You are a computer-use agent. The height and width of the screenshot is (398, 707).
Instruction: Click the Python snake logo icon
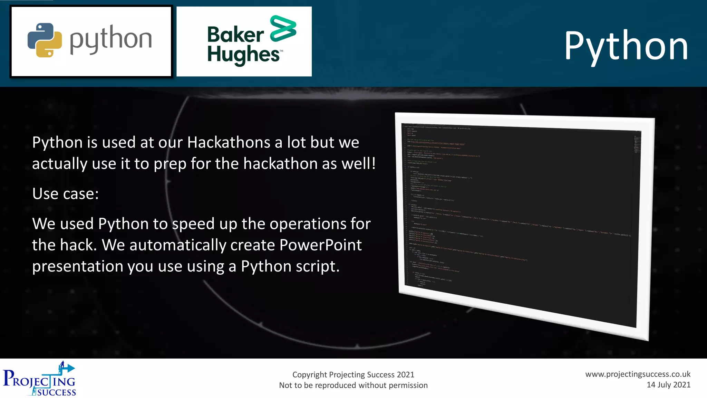45,40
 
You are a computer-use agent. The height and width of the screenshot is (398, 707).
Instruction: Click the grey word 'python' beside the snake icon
111,39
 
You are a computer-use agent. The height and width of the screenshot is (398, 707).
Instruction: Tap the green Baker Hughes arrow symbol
283,28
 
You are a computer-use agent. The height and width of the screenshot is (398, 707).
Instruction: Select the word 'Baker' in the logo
235,35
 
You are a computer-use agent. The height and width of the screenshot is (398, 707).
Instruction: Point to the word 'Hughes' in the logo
243,55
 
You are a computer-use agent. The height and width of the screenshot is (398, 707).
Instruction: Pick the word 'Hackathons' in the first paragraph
229,142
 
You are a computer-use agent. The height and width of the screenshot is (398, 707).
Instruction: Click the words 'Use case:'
66,194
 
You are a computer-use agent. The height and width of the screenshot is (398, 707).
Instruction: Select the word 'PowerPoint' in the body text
320,245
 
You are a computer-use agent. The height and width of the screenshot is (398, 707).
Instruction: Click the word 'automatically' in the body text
177,245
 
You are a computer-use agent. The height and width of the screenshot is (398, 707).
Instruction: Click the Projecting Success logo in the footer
39,379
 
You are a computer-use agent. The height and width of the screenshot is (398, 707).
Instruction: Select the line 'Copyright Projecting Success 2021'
353,375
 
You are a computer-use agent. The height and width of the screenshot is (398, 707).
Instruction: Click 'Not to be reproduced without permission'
353,385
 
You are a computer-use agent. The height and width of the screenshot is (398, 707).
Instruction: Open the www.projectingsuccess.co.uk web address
638,374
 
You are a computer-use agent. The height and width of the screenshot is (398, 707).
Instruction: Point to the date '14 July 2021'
668,385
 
